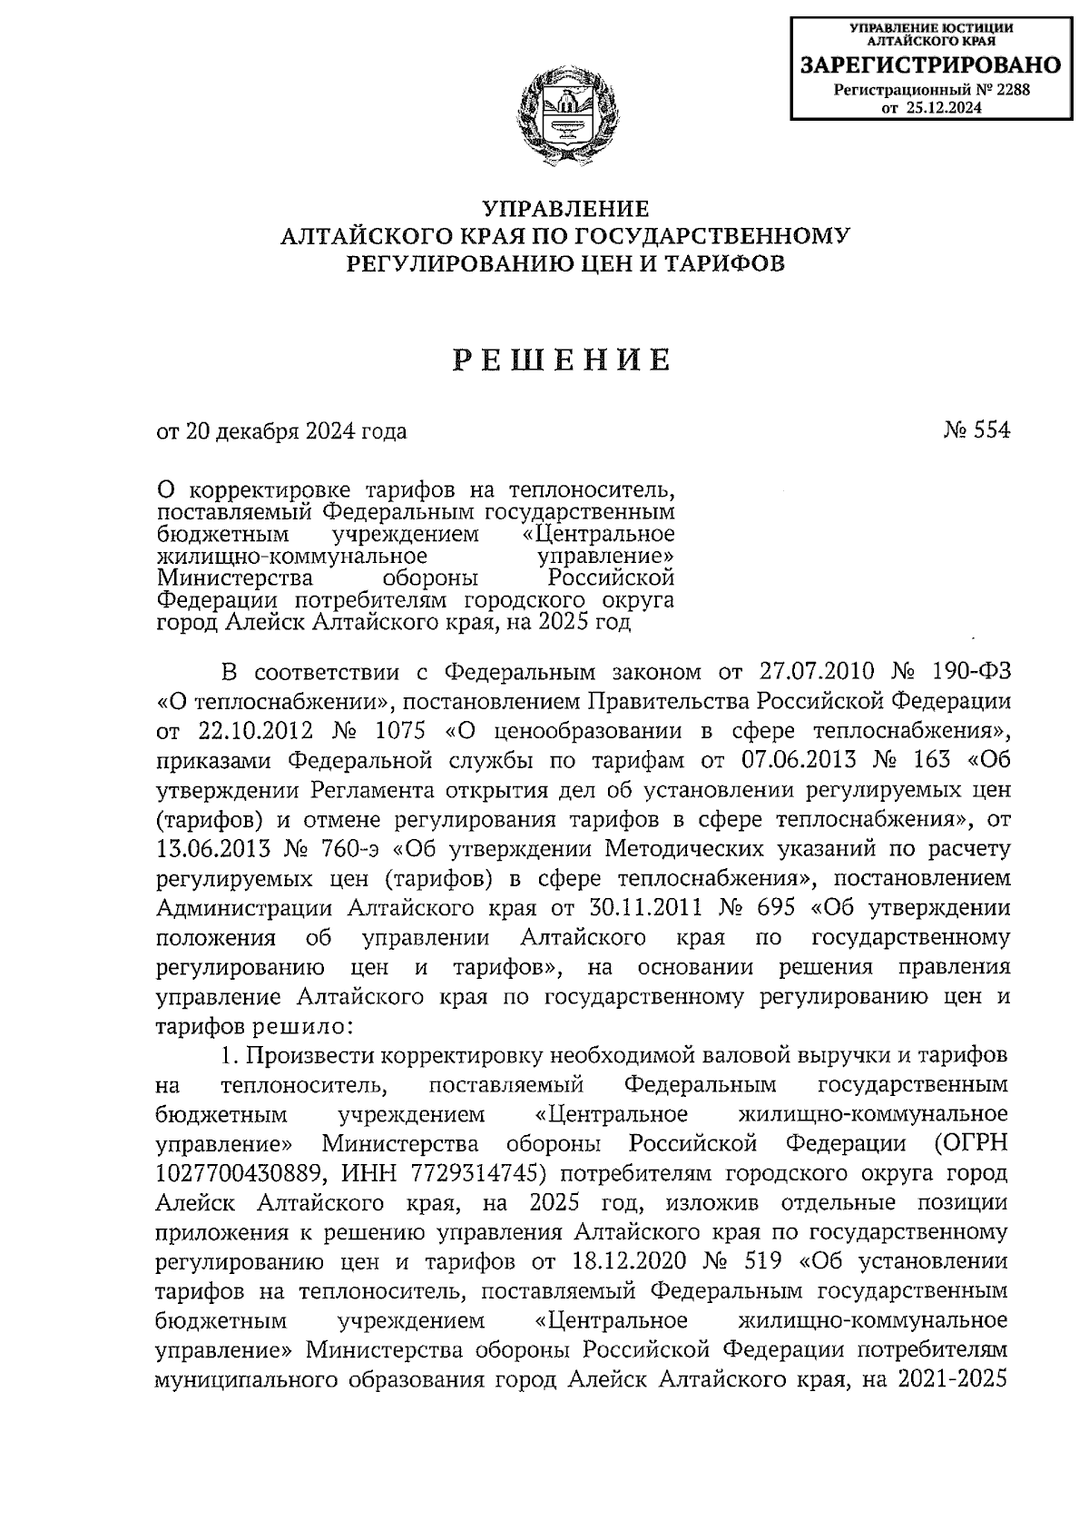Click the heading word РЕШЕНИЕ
(x=563, y=360)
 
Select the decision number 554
(x=987, y=430)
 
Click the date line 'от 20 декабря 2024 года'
(x=282, y=431)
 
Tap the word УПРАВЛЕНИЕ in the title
(x=565, y=209)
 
